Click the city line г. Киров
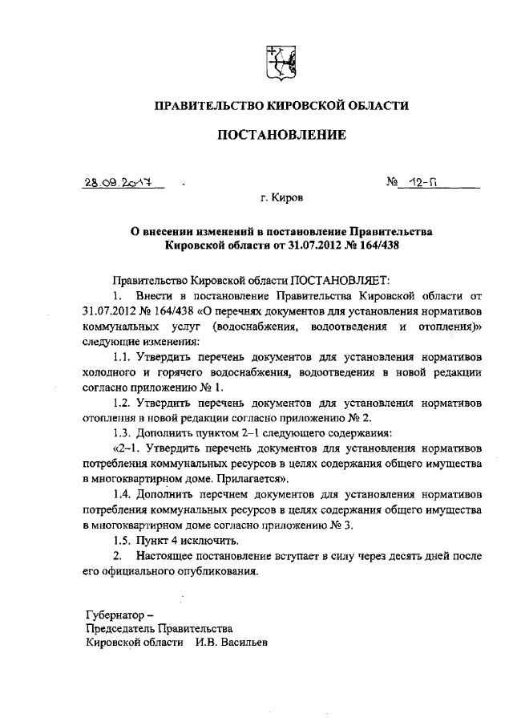(282, 196)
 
